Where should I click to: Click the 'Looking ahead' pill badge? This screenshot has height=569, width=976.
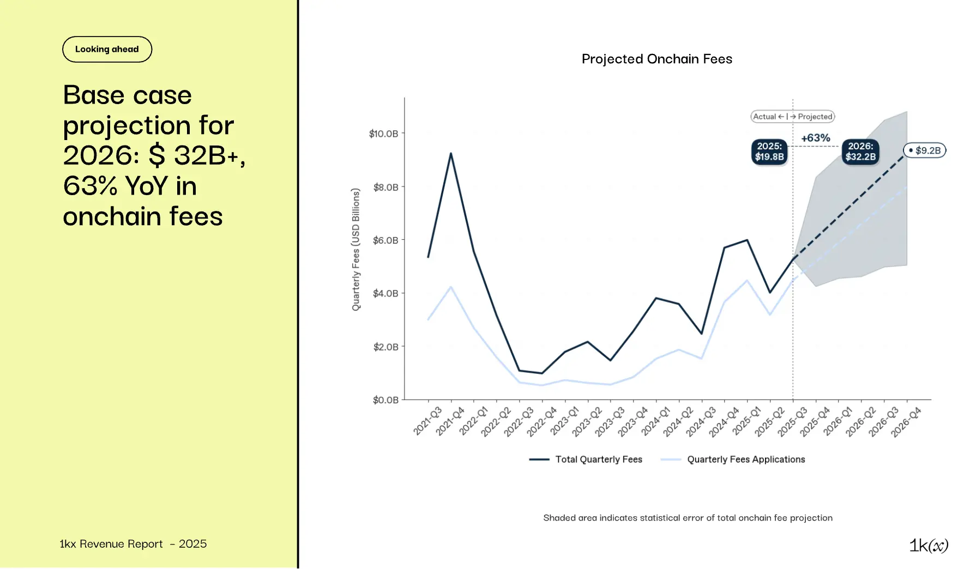(x=107, y=50)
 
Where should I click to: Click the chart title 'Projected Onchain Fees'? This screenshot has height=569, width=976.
(x=656, y=59)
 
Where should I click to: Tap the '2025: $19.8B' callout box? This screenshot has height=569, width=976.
(x=769, y=152)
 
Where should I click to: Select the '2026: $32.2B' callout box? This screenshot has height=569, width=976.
(x=860, y=152)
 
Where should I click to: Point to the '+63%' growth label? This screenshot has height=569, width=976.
(x=815, y=138)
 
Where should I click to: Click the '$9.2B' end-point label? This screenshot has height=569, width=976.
(x=925, y=150)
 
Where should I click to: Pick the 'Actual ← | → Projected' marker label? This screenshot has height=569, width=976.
(x=792, y=117)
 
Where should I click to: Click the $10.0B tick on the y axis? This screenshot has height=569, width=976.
(x=384, y=134)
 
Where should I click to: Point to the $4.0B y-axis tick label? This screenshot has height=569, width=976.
(x=385, y=293)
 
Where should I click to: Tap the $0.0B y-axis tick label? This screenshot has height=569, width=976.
(x=385, y=400)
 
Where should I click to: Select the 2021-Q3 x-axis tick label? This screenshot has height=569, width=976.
(x=427, y=421)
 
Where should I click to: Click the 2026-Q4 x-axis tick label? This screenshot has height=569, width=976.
(x=906, y=421)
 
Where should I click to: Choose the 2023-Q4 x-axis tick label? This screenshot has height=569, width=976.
(x=632, y=421)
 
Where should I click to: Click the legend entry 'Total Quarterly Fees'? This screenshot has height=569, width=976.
(x=598, y=459)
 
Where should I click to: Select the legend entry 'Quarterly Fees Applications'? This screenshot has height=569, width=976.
(x=745, y=459)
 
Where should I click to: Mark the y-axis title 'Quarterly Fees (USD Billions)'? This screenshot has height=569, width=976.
(x=356, y=250)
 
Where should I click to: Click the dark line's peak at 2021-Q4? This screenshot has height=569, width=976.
(x=451, y=153)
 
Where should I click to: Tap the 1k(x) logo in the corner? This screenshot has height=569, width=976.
(x=928, y=545)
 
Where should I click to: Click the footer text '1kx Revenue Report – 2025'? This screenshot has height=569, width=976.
(x=133, y=544)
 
